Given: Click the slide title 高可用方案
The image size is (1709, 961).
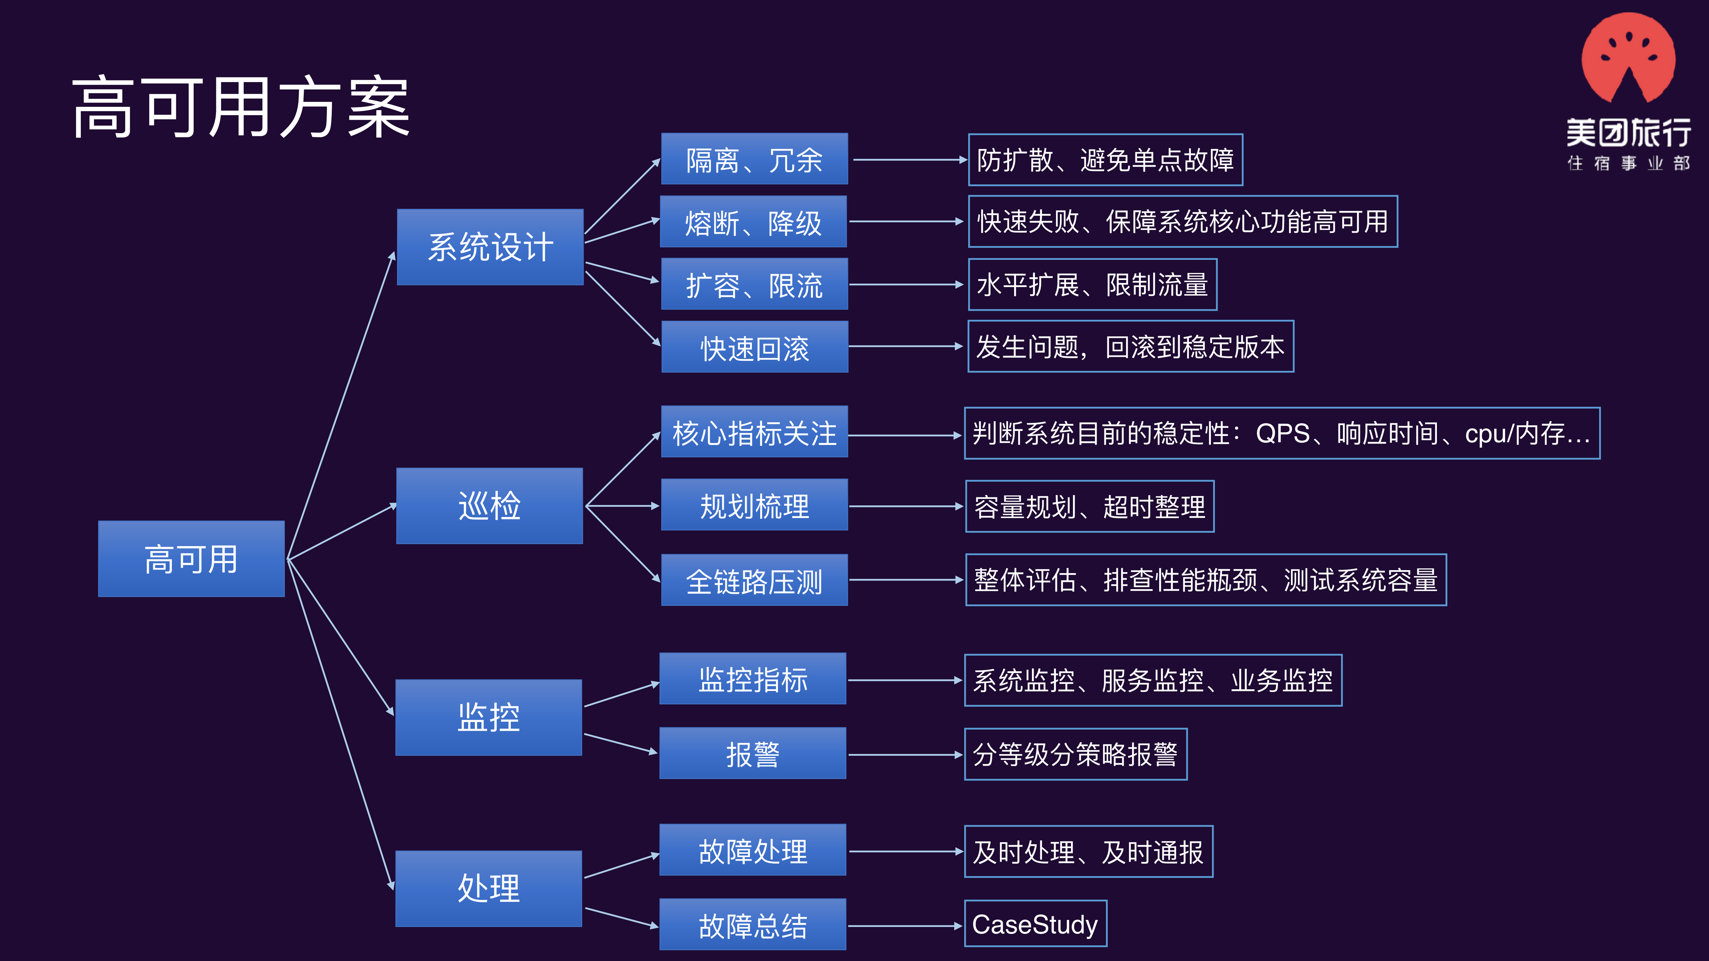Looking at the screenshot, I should click(x=240, y=107).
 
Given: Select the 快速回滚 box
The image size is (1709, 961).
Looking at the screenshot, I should click(x=754, y=347).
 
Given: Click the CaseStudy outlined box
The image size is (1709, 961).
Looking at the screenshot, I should click(x=1035, y=924).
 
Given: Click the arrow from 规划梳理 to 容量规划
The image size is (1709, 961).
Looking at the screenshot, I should click(x=906, y=506).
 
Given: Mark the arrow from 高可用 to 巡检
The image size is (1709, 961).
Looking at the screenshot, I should click(x=342, y=532).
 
